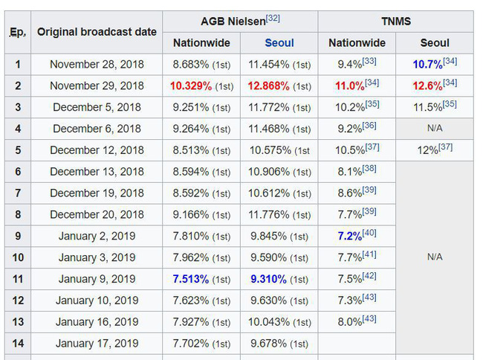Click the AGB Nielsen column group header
pos(233,22)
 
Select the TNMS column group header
pos(395,22)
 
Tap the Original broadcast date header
pos(97,32)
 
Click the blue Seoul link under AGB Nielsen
pos(279,43)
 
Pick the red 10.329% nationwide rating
pos(191,86)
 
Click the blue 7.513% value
pos(191,280)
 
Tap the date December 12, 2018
pos(97,150)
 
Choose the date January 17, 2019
pos(97,344)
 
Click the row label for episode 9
pos(18,237)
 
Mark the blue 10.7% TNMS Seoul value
pos(428,65)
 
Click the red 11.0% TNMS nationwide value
pos(350,86)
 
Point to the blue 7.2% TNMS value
pos(349,237)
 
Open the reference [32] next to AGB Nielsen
pos(273,18)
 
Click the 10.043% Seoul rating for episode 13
pos(269,322)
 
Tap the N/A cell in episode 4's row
pos(435,129)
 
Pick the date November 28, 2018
pos(97,65)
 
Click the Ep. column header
pos(18,32)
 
